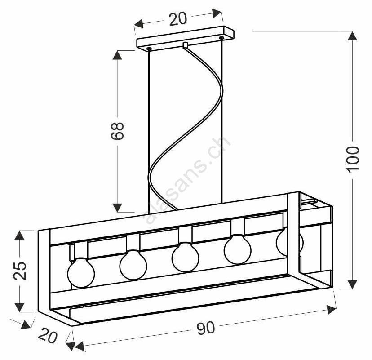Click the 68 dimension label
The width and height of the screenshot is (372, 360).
[x=117, y=131]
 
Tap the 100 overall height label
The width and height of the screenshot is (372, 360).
[x=353, y=159]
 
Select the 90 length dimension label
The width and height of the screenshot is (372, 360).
[x=205, y=328]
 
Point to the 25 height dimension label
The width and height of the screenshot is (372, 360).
[x=20, y=271]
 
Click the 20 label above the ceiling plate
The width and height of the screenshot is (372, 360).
[x=178, y=19]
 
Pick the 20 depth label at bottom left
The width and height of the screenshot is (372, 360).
[x=48, y=336]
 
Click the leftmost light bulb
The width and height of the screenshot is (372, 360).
[x=81, y=272]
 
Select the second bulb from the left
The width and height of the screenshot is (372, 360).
[x=133, y=264]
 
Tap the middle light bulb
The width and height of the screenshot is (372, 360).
[x=186, y=257]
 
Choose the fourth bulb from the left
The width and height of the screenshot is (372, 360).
[x=238, y=249]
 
